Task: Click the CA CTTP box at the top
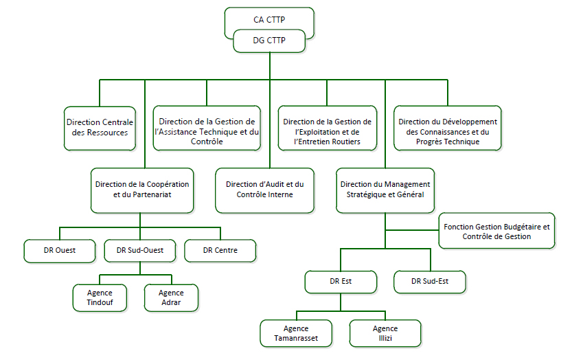click(x=269, y=19)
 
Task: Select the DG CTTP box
click(x=269, y=41)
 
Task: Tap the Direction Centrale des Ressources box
click(x=100, y=127)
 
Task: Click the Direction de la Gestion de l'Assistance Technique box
click(x=207, y=127)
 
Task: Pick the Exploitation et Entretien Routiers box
click(x=327, y=127)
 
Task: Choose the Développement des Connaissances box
click(x=447, y=127)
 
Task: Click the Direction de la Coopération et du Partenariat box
click(x=141, y=190)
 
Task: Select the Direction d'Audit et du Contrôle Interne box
click(x=264, y=190)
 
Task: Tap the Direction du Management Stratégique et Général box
click(x=385, y=190)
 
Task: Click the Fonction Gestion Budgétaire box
click(x=497, y=231)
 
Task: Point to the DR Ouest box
click(x=59, y=251)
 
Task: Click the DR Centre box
click(x=220, y=251)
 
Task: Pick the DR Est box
click(x=341, y=281)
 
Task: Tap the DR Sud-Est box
click(x=430, y=281)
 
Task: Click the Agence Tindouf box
click(x=100, y=297)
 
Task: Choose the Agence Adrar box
click(x=172, y=297)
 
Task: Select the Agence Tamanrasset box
click(x=296, y=333)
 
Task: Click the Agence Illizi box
click(x=385, y=333)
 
